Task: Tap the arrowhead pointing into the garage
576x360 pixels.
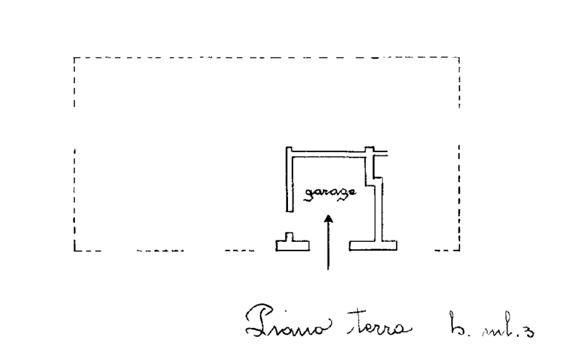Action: tap(328, 218)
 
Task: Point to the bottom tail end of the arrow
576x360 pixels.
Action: tap(328, 269)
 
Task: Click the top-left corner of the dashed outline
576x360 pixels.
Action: tap(75, 58)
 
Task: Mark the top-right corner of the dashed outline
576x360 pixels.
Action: tap(460, 58)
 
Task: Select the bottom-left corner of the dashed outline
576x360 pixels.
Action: tap(75, 249)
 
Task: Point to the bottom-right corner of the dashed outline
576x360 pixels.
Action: tap(460, 249)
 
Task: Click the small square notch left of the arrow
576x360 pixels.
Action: tap(289, 236)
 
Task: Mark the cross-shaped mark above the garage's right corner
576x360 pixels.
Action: tap(371, 150)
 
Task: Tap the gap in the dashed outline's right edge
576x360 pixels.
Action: tap(460, 127)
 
